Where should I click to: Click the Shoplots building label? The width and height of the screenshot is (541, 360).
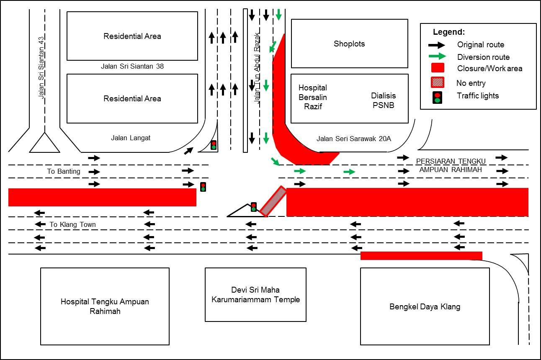pyautogui.click(x=349, y=44)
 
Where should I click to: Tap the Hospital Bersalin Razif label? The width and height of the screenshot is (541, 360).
pyautogui.click(x=313, y=97)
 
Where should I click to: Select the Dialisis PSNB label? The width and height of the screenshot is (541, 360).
pyautogui.click(x=384, y=100)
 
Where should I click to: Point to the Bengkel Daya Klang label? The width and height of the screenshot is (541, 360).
pyautogui.click(x=425, y=306)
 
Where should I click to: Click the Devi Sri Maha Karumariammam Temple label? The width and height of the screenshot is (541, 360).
pyautogui.click(x=255, y=295)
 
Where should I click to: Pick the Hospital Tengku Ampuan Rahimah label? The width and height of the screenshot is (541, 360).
pyautogui.click(x=105, y=306)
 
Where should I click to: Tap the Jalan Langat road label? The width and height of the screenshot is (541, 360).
pyautogui.click(x=131, y=138)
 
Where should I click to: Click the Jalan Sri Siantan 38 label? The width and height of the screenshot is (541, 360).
pyautogui.click(x=132, y=66)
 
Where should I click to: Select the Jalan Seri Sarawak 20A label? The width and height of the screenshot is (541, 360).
pyautogui.click(x=354, y=139)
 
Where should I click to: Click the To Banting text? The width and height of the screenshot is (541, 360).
pyautogui.click(x=64, y=171)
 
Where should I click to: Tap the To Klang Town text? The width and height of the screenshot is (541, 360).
pyautogui.click(x=72, y=224)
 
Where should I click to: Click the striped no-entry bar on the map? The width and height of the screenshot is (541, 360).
pyautogui.click(x=273, y=201)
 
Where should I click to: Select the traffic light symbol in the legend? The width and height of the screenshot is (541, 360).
pyautogui.click(x=438, y=97)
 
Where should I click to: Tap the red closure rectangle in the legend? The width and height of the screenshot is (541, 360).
pyautogui.click(x=438, y=68)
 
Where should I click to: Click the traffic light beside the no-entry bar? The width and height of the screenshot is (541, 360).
pyautogui.click(x=253, y=207)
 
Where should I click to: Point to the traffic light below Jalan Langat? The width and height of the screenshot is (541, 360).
pyautogui.click(x=214, y=145)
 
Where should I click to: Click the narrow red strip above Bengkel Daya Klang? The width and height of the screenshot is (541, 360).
pyautogui.click(x=421, y=256)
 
